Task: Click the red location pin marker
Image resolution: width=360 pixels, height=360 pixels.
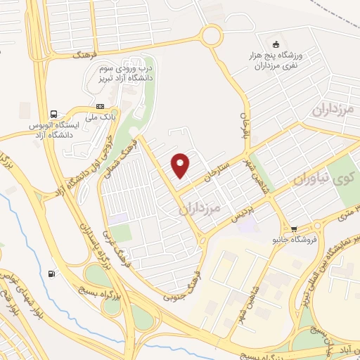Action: [x=181, y=165]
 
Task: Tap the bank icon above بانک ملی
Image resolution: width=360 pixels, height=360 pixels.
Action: [x=99, y=106]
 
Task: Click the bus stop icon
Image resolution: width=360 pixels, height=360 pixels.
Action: [x=53, y=114]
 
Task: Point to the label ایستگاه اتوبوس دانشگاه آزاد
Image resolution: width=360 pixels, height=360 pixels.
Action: [x=52, y=129]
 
